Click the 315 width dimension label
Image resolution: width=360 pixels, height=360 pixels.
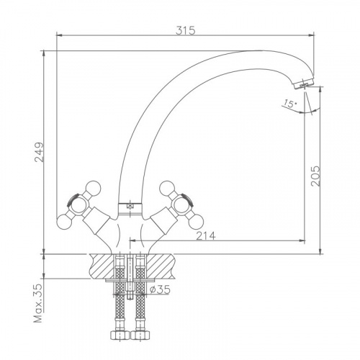(186, 31)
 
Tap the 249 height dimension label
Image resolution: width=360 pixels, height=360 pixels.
(39, 153)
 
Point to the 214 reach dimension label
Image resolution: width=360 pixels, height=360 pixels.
(206, 236)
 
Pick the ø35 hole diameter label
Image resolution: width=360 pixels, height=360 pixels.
(160, 289)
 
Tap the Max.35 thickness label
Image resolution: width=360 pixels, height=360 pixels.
(37, 303)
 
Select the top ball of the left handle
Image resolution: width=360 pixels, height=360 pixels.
(93, 188)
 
